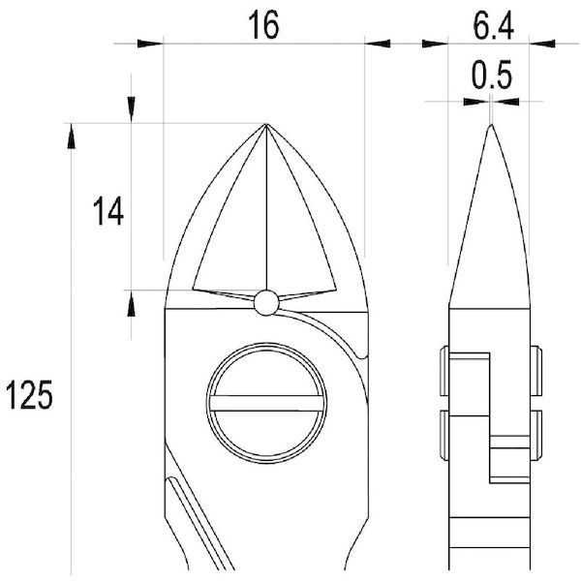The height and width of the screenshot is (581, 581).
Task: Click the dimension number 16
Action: coord(263,25)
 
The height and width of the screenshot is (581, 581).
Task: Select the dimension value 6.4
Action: coord(493,27)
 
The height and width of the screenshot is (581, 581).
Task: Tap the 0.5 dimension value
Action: coord(492,75)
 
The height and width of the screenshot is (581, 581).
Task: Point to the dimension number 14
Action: coord(108,211)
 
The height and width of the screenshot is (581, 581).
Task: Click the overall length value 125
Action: coord(30,395)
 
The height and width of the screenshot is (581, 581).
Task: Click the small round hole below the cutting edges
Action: coord(266,303)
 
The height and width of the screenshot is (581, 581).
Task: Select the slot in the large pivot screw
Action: coord(266,403)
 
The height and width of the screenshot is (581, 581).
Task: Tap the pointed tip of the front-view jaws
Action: coord(266,125)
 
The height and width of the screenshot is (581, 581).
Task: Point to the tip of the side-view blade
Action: coord(491,125)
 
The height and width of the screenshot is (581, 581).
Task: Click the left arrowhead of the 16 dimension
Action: coord(150,44)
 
